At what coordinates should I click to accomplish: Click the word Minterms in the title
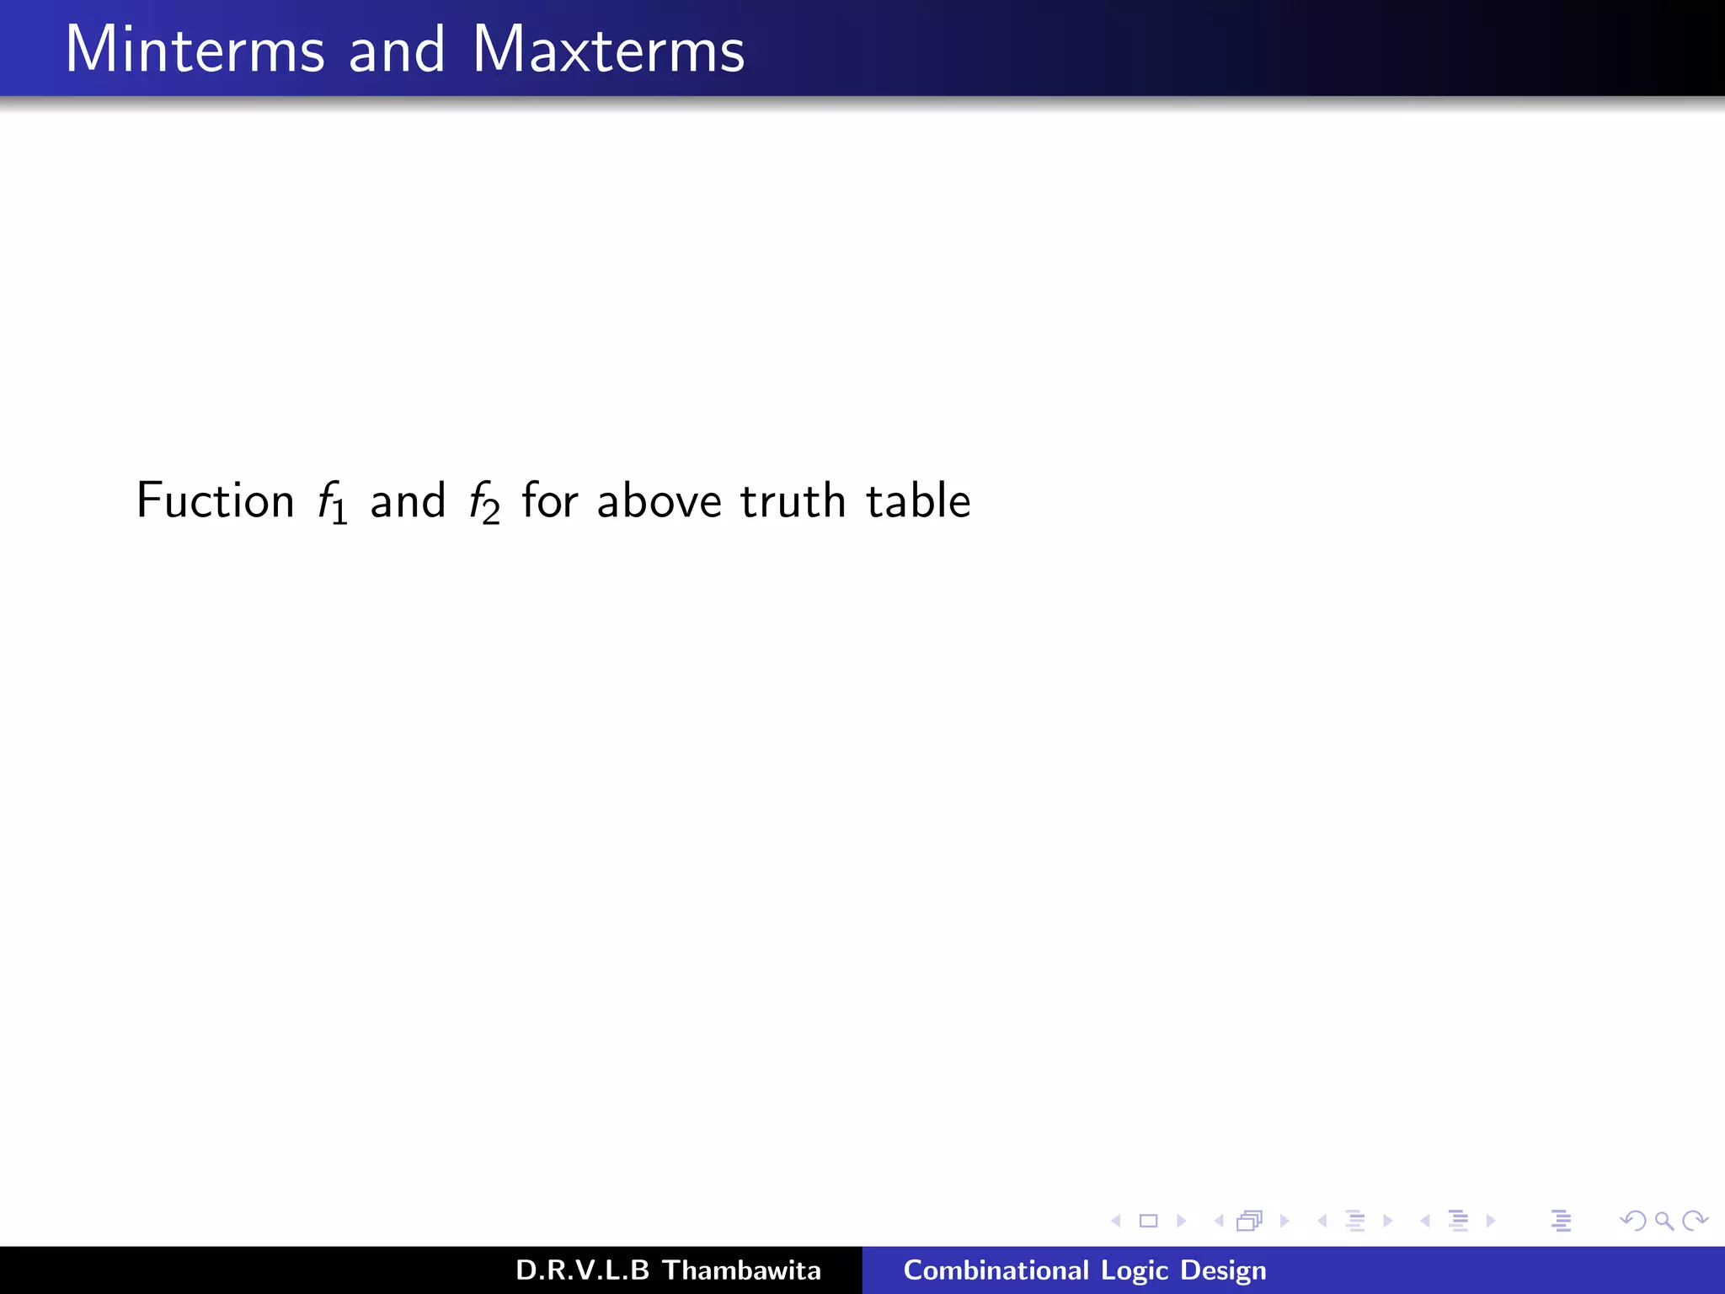coord(195,50)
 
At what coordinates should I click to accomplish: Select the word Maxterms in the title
coord(608,50)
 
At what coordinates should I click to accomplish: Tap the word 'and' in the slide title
coord(396,50)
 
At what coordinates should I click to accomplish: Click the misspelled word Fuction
coord(215,500)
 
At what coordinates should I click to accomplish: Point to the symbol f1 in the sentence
coord(332,502)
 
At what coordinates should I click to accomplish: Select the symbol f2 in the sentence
coord(484,502)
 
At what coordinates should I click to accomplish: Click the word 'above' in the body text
coord(659,500)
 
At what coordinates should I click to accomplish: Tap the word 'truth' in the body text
coord(793,500)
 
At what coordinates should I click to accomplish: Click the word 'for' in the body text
coord(549,500)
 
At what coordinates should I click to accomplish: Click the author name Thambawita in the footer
coord(741,1270)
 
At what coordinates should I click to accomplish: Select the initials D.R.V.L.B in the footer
coord(582,1270)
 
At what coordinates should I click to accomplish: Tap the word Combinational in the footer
coord(996,1270)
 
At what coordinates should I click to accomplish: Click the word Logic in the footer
coord(1135,1270)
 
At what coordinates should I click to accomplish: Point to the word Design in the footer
coord(1223,1270)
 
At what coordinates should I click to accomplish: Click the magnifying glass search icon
coord(1664,1221)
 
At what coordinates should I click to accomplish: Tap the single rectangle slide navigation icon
coord(1148,1221)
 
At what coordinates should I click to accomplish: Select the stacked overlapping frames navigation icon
coord(1250,1221)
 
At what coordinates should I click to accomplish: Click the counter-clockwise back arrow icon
coord(1633,1221)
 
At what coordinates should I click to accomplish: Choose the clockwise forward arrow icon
coord(1694,1221)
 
